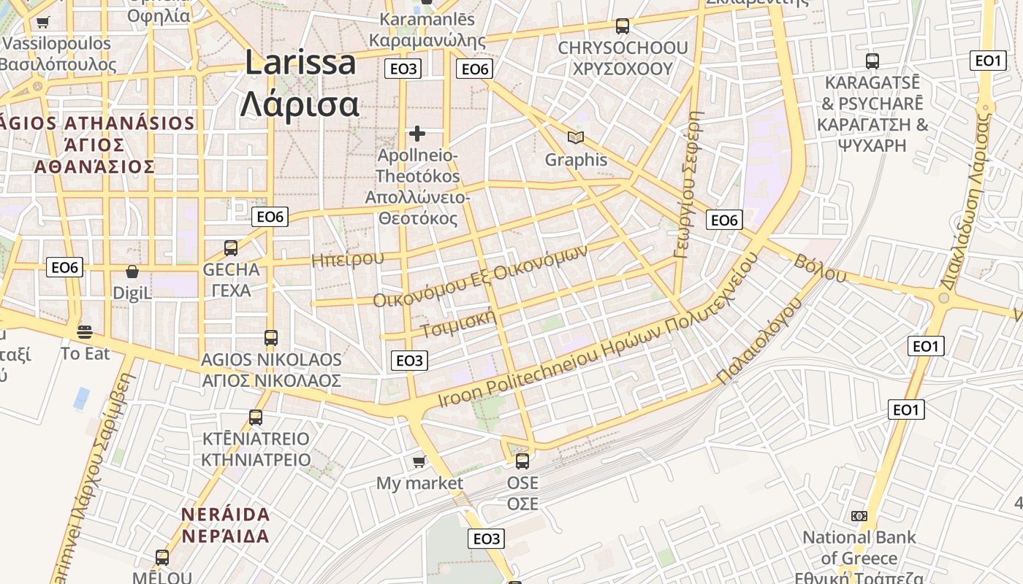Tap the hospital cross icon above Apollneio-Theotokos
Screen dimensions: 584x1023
[x=417, y=134]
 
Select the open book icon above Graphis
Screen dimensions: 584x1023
[x=576, y=137]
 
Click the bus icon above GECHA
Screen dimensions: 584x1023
[x=231, y=247]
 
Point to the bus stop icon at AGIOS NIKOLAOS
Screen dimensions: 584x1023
[x=271, y=338]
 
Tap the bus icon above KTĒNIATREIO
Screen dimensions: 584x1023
[x=256, y=418]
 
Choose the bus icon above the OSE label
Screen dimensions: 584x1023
[x=522, y=461]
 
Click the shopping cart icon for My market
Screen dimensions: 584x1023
[x=419, y=461]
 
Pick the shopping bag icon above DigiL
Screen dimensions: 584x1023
[x=132, y=272]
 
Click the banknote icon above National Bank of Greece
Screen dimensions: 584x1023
[x=859, y=516]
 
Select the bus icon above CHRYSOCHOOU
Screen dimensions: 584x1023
[x=623, y=26]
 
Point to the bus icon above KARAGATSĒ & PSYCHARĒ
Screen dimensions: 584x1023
[x=872, y=61]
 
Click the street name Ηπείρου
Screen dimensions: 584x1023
[x=347, y=258]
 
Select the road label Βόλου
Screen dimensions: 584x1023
[x=821, y=268]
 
